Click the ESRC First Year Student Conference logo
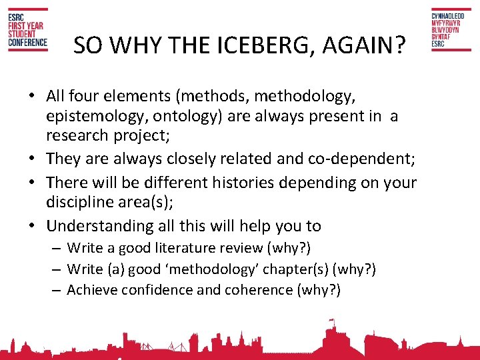tap(27, 31)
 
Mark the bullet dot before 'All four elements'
tap(33, 97)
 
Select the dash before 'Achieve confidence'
tap(58, 290)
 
